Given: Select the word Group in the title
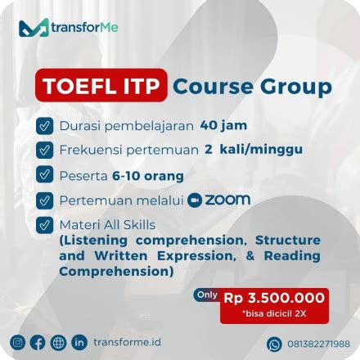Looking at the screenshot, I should pos(287,86).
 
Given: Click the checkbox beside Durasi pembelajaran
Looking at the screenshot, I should pos(44,126).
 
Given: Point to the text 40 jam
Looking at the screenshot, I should pos(223,126).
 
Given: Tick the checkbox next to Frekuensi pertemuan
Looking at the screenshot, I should pos(44,151).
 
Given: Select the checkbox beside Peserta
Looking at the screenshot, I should pos(44,175).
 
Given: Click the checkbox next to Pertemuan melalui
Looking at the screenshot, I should pos(44,200).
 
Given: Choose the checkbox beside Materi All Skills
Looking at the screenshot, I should pos(44,224).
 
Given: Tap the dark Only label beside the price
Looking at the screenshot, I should pos(207,295).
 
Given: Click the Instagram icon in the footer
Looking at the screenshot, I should pos(18,342).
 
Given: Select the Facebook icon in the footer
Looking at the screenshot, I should pos(38,342).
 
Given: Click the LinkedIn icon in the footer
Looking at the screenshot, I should pos(79,342).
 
